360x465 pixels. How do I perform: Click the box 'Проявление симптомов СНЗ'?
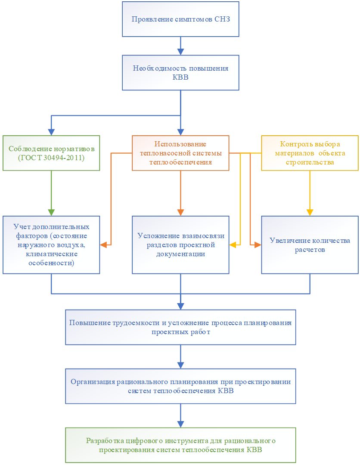coord(180,19)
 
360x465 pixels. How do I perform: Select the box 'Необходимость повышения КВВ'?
coord(180,73)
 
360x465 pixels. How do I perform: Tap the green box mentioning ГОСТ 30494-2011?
coord(51,153)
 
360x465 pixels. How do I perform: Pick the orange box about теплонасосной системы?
coord(180,153)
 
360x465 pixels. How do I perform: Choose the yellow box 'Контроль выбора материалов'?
coord(310,153)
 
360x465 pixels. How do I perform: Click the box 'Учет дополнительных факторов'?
coord(51,245)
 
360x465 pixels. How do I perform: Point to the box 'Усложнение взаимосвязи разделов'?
coord(180,245)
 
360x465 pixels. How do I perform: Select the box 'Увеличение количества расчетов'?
coord(310,245)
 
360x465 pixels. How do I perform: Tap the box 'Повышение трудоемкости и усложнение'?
coord(180,327)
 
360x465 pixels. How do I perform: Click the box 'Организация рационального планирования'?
coord(180,386)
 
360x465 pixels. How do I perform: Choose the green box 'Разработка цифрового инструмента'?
coord(180,445)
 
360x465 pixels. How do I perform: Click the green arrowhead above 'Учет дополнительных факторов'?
coord(51,212)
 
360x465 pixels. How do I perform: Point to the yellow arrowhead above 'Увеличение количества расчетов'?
coord(310,212)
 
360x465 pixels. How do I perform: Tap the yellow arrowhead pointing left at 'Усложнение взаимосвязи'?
coord(233,245)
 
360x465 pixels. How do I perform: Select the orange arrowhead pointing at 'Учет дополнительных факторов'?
coord(103,245)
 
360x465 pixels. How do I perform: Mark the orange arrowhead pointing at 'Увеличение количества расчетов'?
coord(258,245)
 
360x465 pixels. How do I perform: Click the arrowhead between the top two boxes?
coord(180,52)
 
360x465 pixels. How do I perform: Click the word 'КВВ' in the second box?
coord(180,77)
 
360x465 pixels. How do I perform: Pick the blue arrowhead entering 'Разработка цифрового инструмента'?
coord(180,424)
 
